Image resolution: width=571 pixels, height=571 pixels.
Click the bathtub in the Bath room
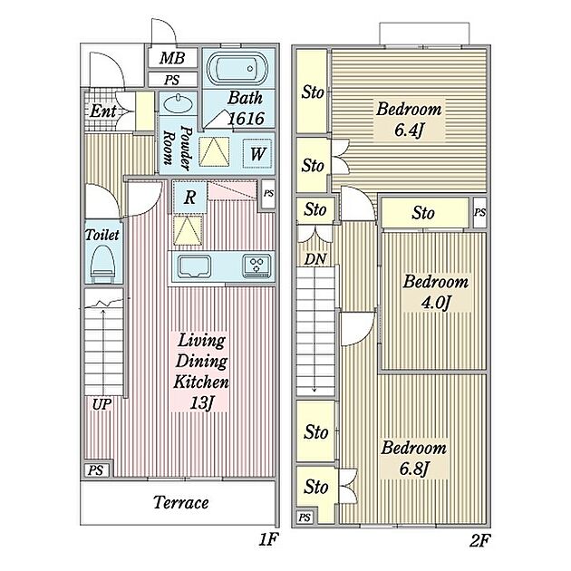click(237, 69)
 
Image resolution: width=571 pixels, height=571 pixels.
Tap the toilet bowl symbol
click(102, 264)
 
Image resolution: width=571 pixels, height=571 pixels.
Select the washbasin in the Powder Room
click(178, 104)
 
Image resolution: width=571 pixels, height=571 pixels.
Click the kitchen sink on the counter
click(194, 266)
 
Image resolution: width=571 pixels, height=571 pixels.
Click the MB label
click(172, 58)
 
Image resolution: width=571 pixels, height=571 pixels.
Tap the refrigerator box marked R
click(189, 197)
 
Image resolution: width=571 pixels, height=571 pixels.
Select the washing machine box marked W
click(257, 153)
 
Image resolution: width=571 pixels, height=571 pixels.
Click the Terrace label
click(181, 502)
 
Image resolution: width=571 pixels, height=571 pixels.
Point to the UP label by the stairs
click(102, 404)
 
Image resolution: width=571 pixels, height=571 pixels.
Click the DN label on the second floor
click(315, 259)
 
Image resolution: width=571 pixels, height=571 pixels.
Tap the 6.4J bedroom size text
click(409, 130)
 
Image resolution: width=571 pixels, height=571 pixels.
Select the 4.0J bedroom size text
click(436, 303)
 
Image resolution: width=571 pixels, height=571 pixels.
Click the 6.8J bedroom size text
click(413, 469)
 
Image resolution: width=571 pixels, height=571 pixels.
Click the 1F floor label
click(268, 539)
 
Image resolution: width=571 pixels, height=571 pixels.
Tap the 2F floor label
click(480, 540)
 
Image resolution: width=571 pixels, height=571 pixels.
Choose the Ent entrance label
click(103, 111)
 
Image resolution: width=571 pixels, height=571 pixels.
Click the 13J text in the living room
click(200, 403)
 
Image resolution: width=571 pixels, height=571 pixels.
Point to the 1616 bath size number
click(247, 119)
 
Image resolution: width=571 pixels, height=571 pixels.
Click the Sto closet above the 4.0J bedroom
click(423, 213)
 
